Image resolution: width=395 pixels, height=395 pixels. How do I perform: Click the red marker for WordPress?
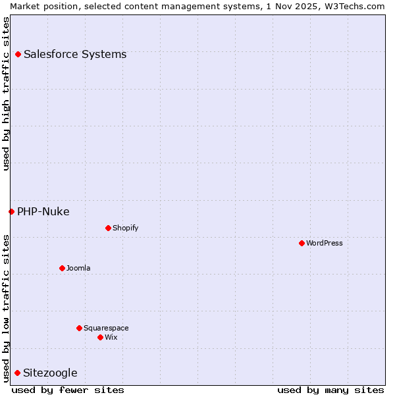tap(302, 243)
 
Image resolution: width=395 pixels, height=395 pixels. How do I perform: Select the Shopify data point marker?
tap(108, 228)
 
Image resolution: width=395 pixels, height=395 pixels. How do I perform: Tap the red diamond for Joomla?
tap(62, 268)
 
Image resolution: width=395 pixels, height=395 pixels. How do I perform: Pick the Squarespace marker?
tap(79, 328)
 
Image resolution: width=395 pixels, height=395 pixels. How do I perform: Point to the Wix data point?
tap(100, 337)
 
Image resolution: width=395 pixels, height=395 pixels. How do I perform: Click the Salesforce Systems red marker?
tap(18, 54)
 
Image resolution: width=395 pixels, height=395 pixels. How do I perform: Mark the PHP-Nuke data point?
tap(11, 211)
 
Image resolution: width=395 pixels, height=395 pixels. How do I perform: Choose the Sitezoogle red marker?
tap(17, 373)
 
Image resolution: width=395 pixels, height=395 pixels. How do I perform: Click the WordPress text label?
tap(325, 243)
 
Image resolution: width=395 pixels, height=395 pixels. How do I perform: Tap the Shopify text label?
tap(125, 228)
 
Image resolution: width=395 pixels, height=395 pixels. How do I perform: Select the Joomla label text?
tap(78, 268)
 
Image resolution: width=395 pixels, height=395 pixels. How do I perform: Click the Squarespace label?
tap(106, 328)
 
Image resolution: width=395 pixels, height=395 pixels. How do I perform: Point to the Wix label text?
tap(111, 337)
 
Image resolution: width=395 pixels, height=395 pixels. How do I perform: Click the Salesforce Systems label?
tap(75, 54)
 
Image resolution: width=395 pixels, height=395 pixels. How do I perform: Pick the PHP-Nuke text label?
tap(43, 211)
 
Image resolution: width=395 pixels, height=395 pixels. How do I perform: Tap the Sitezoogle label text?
tap(50, 373)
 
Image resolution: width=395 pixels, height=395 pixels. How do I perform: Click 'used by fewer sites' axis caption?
tap(68, 390)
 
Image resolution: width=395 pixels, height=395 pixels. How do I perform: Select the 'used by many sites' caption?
tap(330, 390)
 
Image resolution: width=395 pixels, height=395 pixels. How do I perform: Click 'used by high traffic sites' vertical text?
tap(6, 93)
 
